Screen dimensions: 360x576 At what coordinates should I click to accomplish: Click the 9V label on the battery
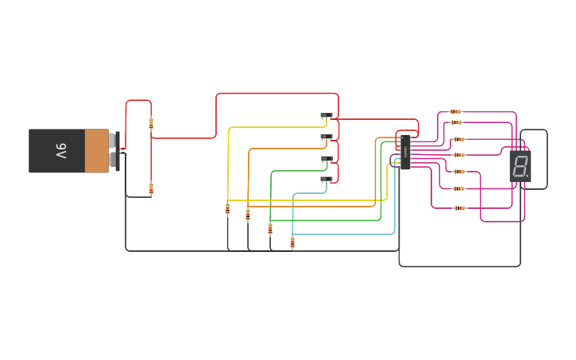tap(61, 150)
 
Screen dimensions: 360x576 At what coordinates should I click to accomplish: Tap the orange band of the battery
tap(96, 151)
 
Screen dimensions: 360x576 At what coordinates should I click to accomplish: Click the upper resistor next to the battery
tap(151, 123)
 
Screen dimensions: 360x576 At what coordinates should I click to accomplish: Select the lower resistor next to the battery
tap(151, 188)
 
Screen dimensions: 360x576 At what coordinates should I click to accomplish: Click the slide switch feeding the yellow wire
tap(327, 116)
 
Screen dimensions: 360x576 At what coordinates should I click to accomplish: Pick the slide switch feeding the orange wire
tap(327, 137)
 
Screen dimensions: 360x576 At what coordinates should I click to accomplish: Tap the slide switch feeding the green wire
tap(327, 159)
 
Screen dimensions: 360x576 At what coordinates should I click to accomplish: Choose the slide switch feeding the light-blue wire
tap(327, 180)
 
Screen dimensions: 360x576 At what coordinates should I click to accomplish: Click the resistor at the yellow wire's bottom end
tap(228, 209)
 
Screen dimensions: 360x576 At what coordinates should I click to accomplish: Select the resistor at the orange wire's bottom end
tap(248, 213)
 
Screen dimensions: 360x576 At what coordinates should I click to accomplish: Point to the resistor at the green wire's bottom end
tap(270, 229)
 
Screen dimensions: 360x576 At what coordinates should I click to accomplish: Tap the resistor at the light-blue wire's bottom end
tap(292, 242)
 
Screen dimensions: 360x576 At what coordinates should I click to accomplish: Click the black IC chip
tap(405, 152)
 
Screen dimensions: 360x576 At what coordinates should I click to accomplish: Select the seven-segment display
tap(520, 166)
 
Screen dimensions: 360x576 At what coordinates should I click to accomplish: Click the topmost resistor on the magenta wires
tap(455, 112)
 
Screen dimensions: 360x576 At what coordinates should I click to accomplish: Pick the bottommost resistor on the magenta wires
tap(459, 208)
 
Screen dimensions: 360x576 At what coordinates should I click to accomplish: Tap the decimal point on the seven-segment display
tap(528, 176)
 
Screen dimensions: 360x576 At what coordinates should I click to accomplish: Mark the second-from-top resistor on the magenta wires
tap(456, 122)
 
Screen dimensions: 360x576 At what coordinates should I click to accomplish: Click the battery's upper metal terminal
tap(113, 141)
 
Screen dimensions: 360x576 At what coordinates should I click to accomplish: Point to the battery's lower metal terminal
tap(113, 160)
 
